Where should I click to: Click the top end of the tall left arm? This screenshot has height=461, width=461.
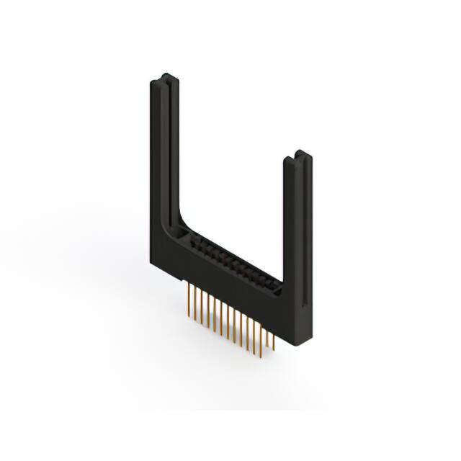(162, 76)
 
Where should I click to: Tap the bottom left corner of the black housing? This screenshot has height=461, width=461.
(153, 263)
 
